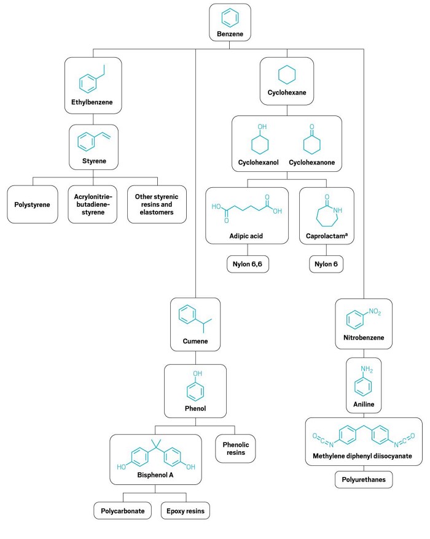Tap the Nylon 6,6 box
click(x=248, y=264)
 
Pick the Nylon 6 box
click(x=326, y=264)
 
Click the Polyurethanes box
click(x=364, y=479)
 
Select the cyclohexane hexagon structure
click(x=287, y=75)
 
